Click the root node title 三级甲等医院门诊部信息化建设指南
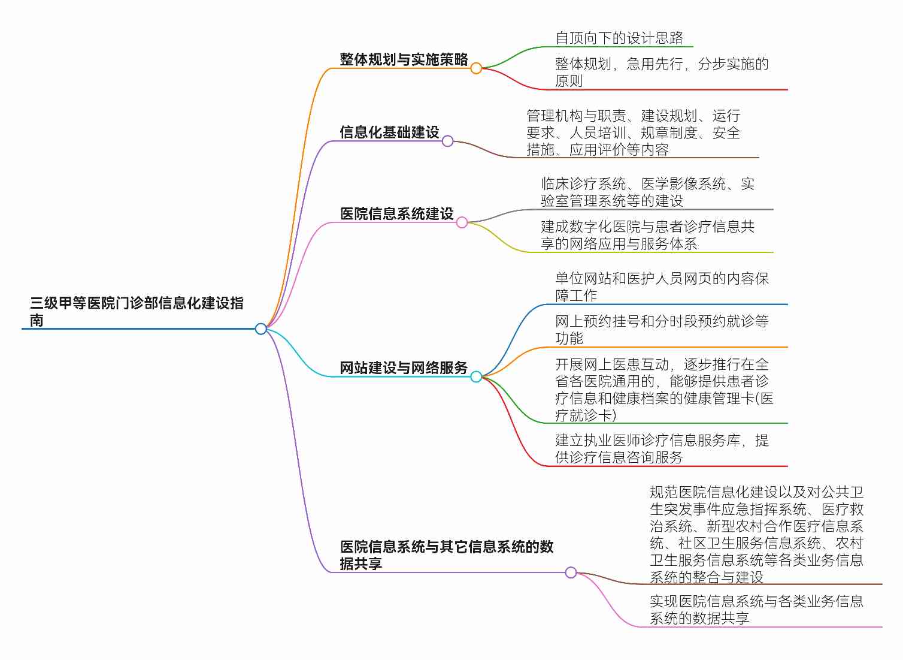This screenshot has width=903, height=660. tap(137, 311)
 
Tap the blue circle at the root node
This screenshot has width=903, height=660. tap(261, 329)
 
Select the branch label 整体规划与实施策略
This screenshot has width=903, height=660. tap(404, 59)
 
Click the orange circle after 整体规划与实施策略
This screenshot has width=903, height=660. tap(476, 68)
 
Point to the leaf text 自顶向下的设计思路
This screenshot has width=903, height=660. tap(619, 38)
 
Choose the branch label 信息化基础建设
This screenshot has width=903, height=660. tap(389, 132)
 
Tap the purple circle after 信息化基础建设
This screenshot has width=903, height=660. tap(447, 141)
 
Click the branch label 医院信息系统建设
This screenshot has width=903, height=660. tap(396, 213)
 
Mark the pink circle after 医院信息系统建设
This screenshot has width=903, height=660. tap(462, 222)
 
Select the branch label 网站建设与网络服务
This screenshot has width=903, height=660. tap(404, 367)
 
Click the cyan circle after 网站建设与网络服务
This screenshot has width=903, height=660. tap(476, 376)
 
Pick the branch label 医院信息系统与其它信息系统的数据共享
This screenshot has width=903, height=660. tap(447, 555)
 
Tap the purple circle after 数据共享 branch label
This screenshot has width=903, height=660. tap(571, 572)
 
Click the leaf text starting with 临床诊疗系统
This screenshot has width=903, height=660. tap(647, 192)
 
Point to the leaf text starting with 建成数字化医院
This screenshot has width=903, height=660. tap(647, 235)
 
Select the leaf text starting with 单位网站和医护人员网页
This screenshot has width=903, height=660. tap(662, 287)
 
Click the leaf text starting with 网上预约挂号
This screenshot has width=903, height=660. tap(662, 330)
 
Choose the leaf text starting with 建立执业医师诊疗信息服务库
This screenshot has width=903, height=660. tap(662, 449)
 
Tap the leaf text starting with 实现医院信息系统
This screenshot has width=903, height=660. tap(756, 610)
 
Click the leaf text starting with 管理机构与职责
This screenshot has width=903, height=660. tap(634, 133)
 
